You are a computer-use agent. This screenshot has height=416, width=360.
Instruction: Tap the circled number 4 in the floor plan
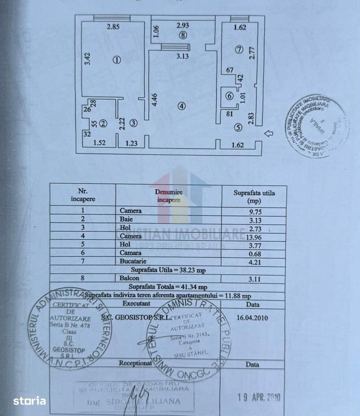point(182,106)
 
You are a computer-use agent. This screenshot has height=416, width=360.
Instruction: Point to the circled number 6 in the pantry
point(229,96)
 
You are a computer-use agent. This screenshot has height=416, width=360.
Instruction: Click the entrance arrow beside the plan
point(268,134)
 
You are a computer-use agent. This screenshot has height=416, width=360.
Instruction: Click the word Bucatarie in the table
point(133,262)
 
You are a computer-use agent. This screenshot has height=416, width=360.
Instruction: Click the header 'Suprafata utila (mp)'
point(254,197)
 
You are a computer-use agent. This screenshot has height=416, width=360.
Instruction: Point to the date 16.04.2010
point(252,318)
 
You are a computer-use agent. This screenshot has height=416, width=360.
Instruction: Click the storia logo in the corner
point(29,401)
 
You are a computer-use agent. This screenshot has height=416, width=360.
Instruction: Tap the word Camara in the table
point(131,253)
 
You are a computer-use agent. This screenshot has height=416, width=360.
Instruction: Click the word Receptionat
point(135,363)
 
